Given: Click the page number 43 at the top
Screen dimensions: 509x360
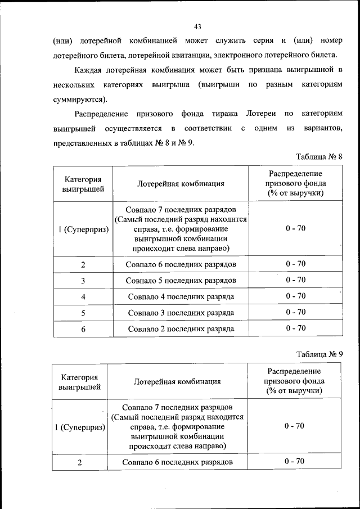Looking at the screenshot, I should coord(197,26).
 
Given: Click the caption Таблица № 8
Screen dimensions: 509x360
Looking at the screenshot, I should coord(318,156).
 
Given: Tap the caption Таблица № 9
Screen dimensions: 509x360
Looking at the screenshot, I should coord(319,354).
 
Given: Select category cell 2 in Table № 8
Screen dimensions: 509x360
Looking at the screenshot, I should coord(83,264).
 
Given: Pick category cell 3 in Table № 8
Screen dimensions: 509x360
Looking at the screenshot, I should coord(83,280).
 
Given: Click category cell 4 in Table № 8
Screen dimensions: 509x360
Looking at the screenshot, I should coord(83,296).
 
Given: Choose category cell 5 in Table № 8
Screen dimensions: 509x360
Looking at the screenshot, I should coord(83,313).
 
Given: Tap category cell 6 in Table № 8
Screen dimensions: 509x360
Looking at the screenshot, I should coord(83,329).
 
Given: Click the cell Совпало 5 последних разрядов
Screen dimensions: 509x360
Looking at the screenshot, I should coord(181,280).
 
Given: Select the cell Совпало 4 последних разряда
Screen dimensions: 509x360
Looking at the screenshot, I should coord(181,296).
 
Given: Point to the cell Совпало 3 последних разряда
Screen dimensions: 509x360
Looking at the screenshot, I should coord(181,313).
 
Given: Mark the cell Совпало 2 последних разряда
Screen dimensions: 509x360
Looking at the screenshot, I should coord(181,329).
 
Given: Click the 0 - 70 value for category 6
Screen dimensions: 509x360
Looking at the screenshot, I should coord(295,328).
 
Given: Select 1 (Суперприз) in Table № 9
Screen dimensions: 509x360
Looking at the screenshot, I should coord(80,427).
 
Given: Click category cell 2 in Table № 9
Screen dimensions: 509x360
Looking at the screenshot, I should coord(80,462).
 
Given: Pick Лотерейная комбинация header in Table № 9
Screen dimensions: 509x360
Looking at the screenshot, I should coord(177,381).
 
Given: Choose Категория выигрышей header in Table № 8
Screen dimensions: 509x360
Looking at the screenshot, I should coord(83,184).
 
